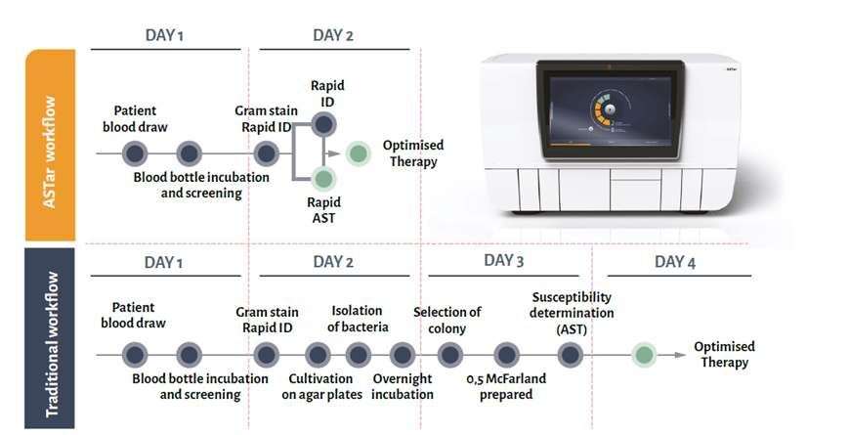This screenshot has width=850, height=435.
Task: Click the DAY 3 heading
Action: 503,261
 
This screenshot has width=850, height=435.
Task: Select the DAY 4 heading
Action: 675,263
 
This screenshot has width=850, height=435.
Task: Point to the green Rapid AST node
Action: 323,179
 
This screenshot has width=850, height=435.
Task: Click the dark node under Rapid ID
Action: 323,125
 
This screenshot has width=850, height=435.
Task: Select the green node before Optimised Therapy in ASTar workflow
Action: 359,154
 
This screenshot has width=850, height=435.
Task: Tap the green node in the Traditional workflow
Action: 644,355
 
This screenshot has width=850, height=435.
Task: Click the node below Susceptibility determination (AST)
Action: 571,355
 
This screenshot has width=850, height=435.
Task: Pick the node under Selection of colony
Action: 450,355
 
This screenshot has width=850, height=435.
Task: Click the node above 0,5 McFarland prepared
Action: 506,355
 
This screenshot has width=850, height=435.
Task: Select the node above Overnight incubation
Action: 403,355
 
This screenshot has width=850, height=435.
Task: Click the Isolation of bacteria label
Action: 358,319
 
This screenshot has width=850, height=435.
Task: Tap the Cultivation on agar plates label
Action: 321,387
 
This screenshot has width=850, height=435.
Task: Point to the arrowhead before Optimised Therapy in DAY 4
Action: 680,355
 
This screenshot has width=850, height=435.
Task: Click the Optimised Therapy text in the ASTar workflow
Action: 413,153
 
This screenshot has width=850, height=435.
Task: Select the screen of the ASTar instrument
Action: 610,111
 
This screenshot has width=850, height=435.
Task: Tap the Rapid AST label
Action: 323,210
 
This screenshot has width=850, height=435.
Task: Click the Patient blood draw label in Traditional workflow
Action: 133,315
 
